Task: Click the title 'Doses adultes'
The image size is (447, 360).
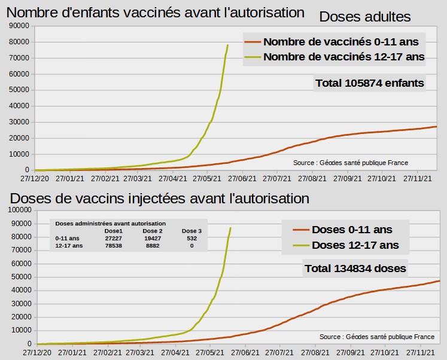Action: click(364, 17)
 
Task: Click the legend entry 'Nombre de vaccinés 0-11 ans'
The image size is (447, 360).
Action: click(343, 42)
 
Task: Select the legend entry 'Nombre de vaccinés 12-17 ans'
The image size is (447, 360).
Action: click(343, 57)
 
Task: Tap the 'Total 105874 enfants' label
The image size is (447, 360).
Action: click(369, 83)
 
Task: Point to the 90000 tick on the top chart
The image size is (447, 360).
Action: click(20, 26)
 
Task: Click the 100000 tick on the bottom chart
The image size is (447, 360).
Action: click(19, 210)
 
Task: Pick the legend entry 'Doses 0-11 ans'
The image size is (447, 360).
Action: click(352, 230)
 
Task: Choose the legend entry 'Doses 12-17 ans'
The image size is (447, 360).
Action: click(355, 245)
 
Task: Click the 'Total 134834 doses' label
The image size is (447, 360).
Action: click(355, 269)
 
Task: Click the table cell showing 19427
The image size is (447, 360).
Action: click(153, 238)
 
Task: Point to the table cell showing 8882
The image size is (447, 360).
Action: click(153, 246)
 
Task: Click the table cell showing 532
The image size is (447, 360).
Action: click(191, 238)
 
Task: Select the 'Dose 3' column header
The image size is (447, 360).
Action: click(191, 231)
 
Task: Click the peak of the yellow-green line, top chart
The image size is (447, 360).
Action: click(227, 45)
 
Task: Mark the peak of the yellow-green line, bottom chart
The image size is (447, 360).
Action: click(230, 228)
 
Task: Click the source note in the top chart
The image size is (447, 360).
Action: click(351, 163)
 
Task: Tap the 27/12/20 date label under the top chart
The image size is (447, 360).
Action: click(35, 178)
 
